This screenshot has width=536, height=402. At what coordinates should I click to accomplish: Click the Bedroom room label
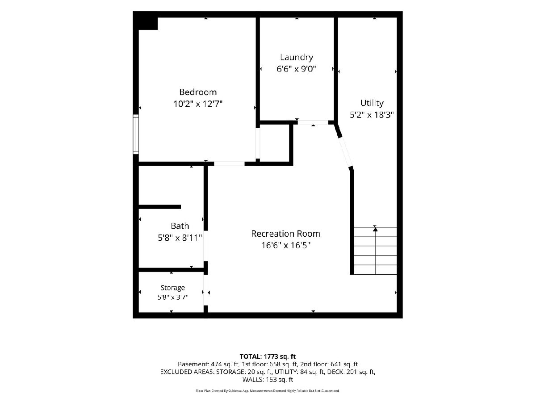point(198,92)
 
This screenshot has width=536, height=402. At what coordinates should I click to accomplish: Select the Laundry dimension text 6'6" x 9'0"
point(296,69)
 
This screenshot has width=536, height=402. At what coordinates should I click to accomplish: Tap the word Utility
point(372,103)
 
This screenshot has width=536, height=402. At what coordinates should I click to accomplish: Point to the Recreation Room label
point(286,234)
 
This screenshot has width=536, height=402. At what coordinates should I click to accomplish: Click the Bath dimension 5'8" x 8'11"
point(180,238)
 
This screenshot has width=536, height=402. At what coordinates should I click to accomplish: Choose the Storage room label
point(172,288)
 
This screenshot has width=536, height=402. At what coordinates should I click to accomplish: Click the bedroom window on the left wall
point(136,134)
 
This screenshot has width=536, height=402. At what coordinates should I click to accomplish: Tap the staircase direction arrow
point(375,229)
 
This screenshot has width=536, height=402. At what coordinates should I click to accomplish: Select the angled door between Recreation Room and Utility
point(345,152)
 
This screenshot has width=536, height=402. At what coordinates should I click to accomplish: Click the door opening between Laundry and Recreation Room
point(313,122)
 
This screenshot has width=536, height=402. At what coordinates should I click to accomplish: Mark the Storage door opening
point(205,290)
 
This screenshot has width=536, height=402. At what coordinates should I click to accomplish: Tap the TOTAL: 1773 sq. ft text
point(268,356)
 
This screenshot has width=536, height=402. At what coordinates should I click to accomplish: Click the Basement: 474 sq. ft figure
point(208,364)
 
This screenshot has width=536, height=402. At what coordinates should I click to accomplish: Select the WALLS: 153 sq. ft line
point(268,380)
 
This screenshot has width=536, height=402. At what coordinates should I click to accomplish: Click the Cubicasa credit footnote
point(268,391)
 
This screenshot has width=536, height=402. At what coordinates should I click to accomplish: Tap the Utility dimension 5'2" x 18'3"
point(372,115)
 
